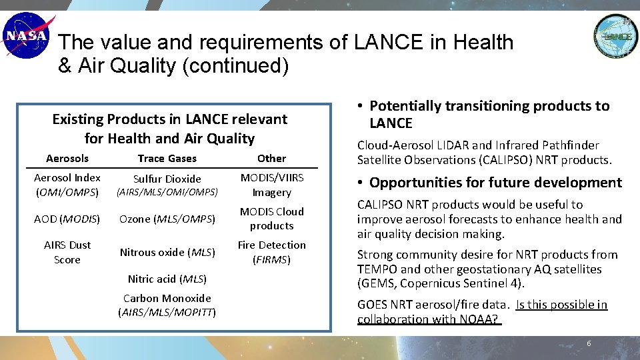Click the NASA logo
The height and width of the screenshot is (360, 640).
click(x=26, y=36)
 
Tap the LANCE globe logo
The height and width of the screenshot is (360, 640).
click(x=615, y=36)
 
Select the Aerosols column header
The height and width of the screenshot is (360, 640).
click(x=67, y=158)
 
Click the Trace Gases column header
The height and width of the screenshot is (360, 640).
click(x=167, y=158)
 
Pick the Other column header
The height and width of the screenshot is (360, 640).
click(x=271, y=158)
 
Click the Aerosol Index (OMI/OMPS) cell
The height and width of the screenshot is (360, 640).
click(x=67, y=185)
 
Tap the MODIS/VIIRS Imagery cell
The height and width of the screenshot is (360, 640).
click(x=271, y=185)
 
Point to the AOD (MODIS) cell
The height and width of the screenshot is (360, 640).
click(x=67, y=219)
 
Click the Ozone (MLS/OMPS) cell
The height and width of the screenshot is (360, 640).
click(x=167, y=219)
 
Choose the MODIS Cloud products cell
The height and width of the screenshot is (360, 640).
click(x=271, y=219)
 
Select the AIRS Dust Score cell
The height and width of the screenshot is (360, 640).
click(x=67, y=252)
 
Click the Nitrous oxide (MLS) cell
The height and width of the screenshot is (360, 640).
click(x=167, y=252)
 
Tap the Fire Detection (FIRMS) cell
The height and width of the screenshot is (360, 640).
click(x=271, y=252)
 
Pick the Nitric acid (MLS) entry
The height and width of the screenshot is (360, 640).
click(x=167, y=279)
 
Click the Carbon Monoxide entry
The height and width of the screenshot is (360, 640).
click(x=167, y=305)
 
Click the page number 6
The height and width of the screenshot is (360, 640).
click(x=589, y=343)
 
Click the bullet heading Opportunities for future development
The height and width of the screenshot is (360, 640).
click(x=495, y=183)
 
